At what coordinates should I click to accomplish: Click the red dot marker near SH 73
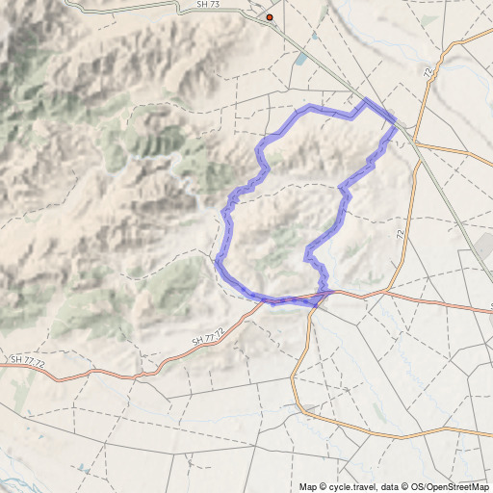coord(270,17)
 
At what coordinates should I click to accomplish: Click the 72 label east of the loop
coord(400,233)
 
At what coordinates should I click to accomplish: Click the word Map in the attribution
coord(308,486)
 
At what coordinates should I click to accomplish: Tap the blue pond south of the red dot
coord(301,59)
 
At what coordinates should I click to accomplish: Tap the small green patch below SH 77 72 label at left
coord(19,385)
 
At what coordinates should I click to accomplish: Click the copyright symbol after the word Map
coord(324,486)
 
